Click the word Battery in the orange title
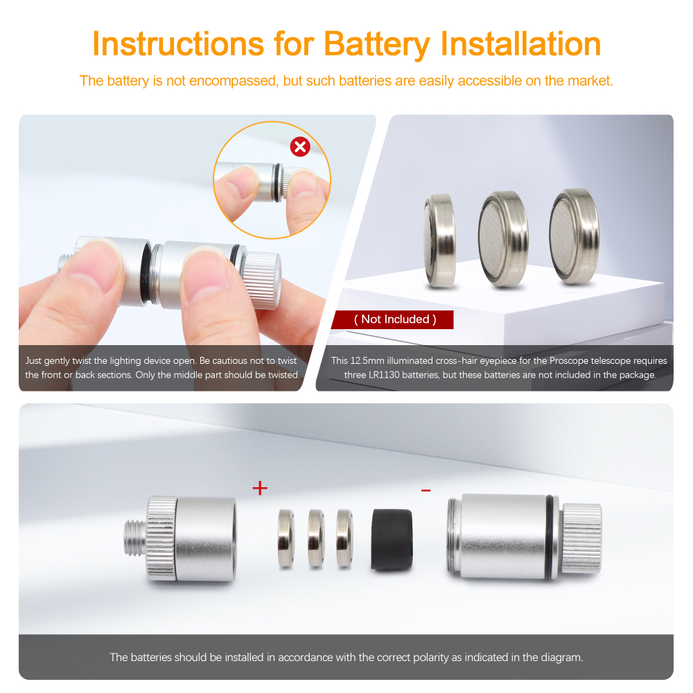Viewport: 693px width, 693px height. pyautogui.click(x=376, y=45)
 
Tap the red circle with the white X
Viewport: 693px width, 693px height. pyautogui.click(x=300, y=146)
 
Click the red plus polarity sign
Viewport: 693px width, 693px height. pyautogui.click(x=260, y=488)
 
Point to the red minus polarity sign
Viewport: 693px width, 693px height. pyautogui.click(x=426, y=490)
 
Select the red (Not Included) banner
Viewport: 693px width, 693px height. pyautogui.click(x=393, y=319)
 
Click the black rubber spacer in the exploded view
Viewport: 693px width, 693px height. pyautogui.click(x=392, y=539)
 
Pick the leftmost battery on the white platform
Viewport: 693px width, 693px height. pyautogui.click(x=439, y=240)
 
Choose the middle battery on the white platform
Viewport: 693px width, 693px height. pyautogui.click(x=503, y=238)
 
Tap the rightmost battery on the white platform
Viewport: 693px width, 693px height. pyautogui.click(x=574, y=236)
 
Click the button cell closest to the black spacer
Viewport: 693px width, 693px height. pyautogui.click(x=344, y=538)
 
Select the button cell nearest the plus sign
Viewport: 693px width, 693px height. pyautogui.click(x=286, y=538)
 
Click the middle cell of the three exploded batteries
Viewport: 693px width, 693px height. pyautogui.click(x=315, y=538)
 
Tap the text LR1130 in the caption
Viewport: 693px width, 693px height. pyautogui.click(x=384, y=375)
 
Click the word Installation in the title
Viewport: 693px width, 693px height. pyautogui.click(x=520, y=44)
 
